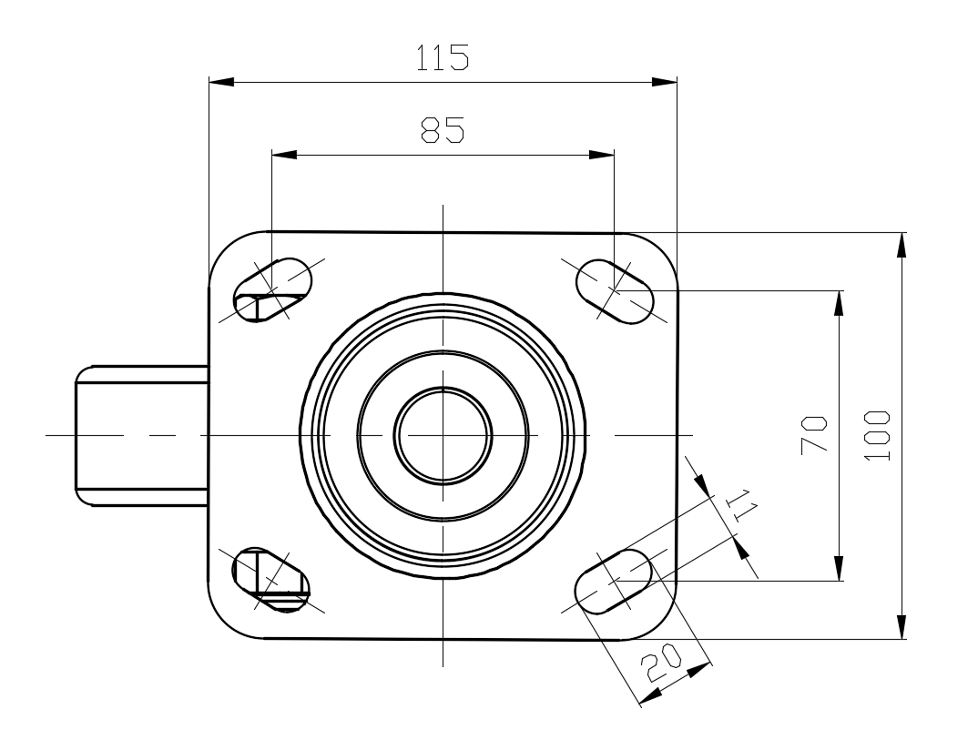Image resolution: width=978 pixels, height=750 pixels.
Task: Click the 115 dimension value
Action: (443, 57)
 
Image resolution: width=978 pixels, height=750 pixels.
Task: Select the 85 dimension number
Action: (443, 129)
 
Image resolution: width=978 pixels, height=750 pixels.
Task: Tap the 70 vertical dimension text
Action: (814, 434)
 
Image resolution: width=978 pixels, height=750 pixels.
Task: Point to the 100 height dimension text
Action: (878, 435)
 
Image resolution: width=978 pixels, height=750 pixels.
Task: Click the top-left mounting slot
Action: (272, 290)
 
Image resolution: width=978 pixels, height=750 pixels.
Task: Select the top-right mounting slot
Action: (615, 291)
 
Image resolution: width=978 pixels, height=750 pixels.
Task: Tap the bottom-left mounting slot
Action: (271, 580)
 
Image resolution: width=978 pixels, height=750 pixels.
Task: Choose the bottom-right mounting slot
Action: (614, 581)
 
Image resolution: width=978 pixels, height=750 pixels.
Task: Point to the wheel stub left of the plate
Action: (141, 435)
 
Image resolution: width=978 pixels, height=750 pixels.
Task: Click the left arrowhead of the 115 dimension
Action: (220, 82)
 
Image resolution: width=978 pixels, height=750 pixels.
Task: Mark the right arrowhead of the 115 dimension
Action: (664, 82)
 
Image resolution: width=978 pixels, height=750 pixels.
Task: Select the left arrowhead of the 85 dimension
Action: (284, 155)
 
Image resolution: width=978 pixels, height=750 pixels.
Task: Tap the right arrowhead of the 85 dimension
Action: (602, 155)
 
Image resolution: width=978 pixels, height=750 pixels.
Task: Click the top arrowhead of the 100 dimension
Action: (902, 245)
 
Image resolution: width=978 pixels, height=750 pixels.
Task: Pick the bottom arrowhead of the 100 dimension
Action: (902, 626)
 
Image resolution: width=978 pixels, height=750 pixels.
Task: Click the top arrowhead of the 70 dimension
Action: (840, 304)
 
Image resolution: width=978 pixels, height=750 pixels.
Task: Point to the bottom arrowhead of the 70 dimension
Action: (840, 568)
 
